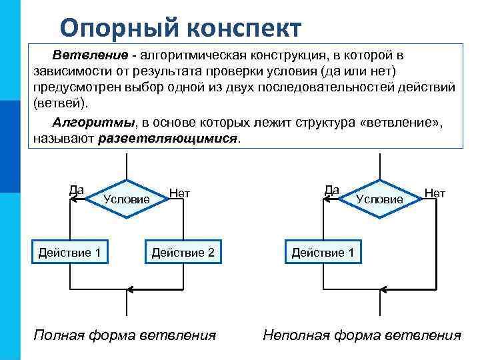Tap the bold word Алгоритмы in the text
tap(94, 123)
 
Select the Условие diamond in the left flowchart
tap(126, 198)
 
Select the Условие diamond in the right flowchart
tap(379, 198)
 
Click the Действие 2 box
tap(183, 252)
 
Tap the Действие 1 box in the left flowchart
tap(70, 252)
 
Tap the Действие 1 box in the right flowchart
tap(323, 252)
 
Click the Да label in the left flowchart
tap(77, 190)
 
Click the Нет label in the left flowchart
tap(180, 193)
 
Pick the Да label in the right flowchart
tap(331, 190)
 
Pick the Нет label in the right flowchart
tap(435, 193)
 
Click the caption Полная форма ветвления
tap(125, 334)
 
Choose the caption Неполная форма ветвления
tap(362, 334)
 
